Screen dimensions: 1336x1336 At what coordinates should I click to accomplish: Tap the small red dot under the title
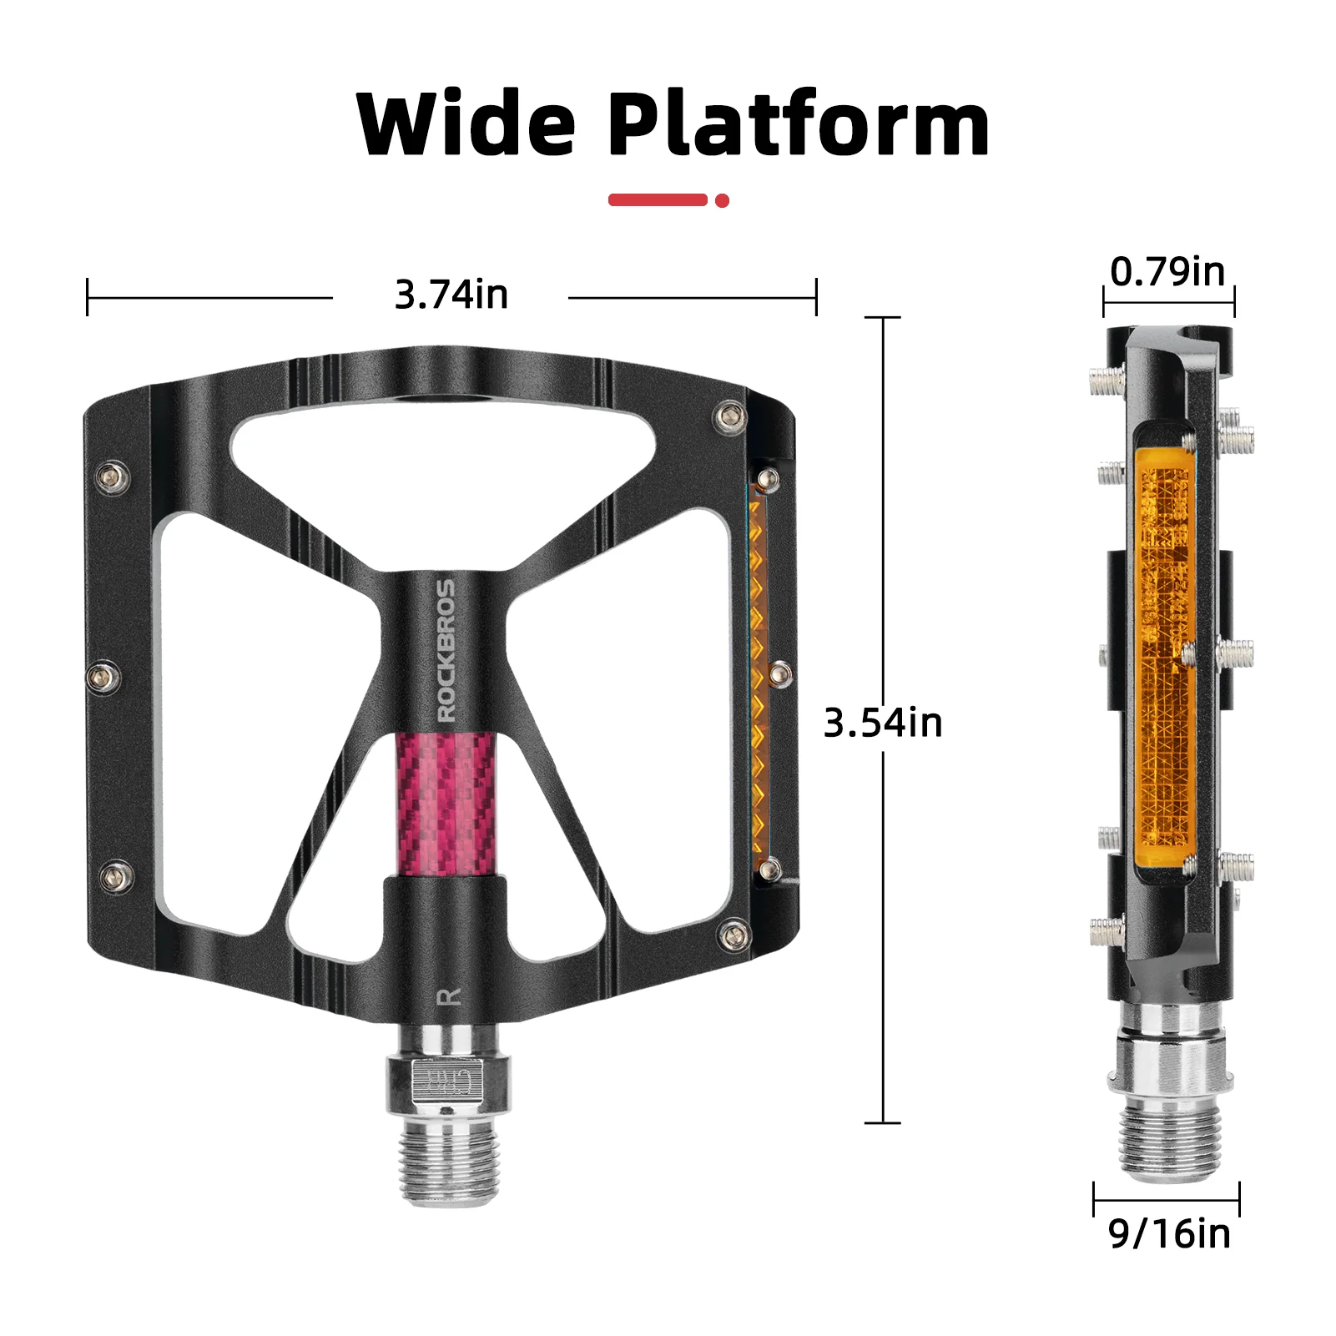coord(723,200)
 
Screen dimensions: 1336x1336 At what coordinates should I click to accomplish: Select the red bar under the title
coord(658,199)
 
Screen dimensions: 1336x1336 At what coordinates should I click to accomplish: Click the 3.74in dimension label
coord(451,295)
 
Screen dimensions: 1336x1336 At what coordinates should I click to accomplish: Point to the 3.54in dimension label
coord(883,723)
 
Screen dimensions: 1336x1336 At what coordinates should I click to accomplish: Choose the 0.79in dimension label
coord(1167,272)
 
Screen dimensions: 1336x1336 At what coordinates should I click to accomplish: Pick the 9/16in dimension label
coord(1169,1233)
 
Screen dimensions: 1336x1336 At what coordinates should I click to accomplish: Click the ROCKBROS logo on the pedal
coord(447,651)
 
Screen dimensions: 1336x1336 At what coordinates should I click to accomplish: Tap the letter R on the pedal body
coord(449,996)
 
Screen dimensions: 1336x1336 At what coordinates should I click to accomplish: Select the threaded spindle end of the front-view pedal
coord(451,1162)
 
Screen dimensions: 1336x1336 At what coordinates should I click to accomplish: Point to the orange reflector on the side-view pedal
coord(1165,659)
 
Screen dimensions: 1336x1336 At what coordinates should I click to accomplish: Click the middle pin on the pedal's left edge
coord(104,676)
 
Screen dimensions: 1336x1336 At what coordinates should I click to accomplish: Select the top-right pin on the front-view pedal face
coord(731,416)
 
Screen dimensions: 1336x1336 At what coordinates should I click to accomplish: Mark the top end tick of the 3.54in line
coord(883,318)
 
